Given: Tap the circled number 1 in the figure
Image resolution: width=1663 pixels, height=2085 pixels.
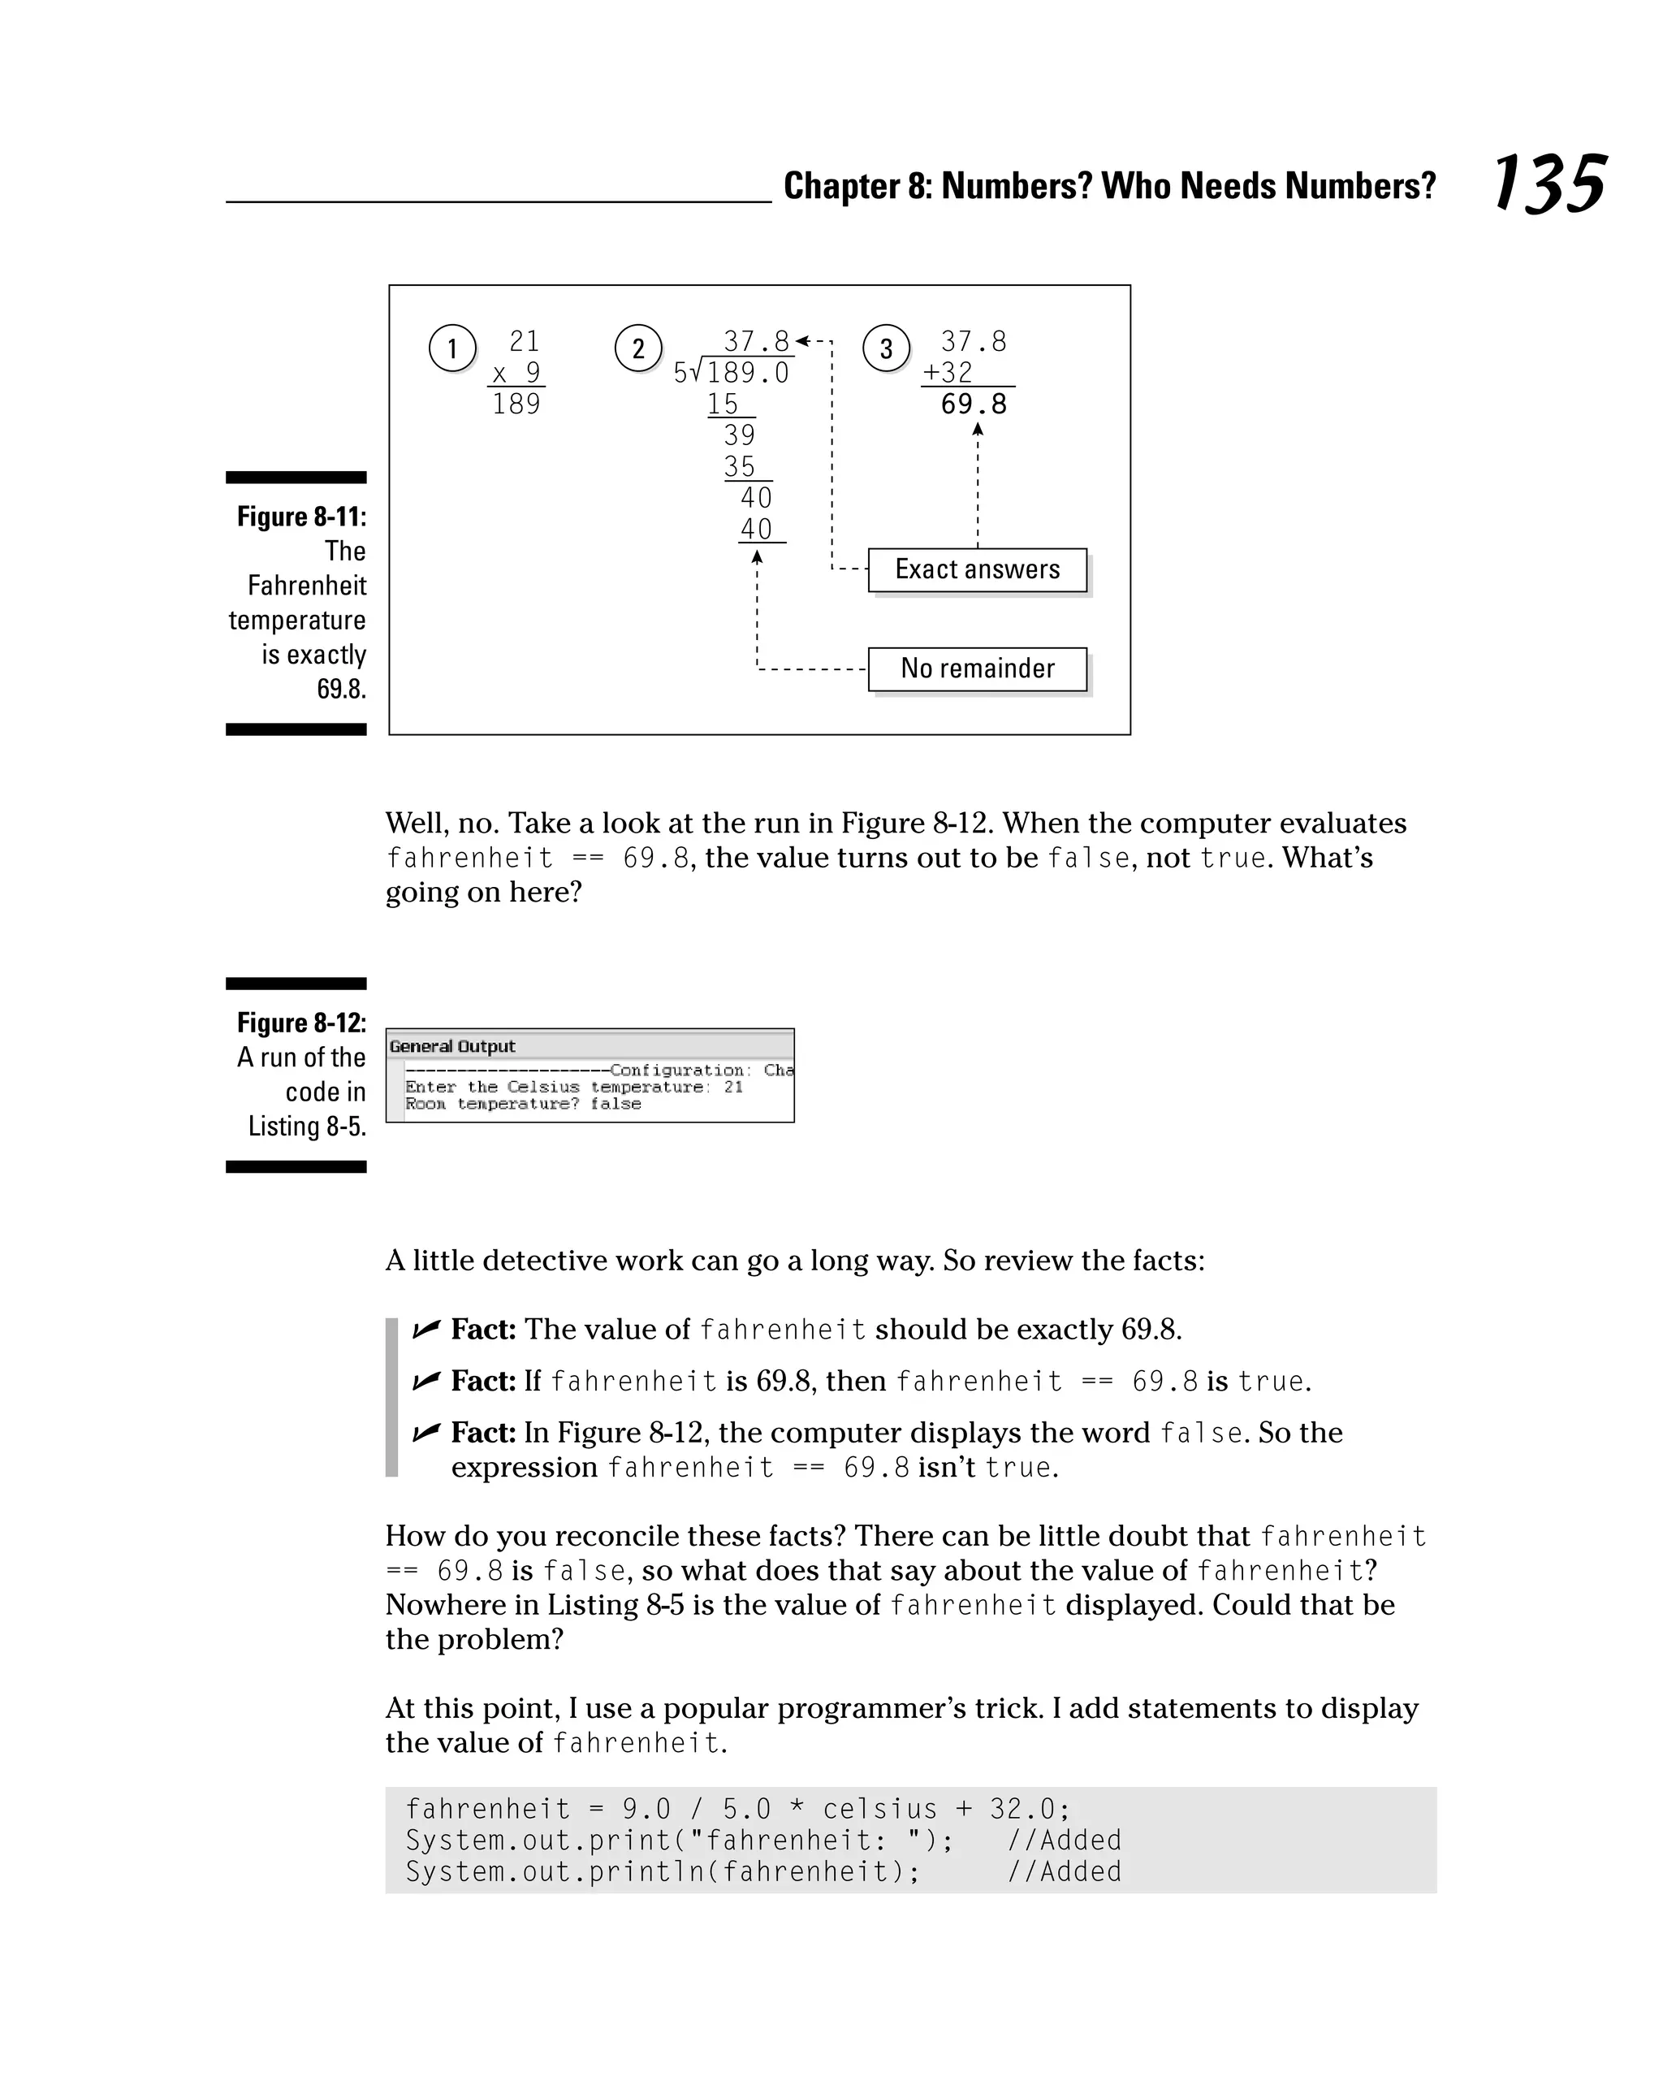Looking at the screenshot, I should click(x=451, y=348).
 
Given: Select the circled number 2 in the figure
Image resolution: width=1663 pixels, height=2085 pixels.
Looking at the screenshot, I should click(x=638, y=348).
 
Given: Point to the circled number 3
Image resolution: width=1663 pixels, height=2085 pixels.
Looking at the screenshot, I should click(x=886, y=348).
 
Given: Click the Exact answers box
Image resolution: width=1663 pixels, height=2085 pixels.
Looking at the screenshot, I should click(x=977, y=569).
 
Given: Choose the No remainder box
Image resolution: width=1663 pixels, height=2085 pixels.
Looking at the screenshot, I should click(x=977, y=669).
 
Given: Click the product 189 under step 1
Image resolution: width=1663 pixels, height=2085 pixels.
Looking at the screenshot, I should click(x=516, y=404).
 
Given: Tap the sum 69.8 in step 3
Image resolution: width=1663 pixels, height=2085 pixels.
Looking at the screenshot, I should click(x=974, y=404).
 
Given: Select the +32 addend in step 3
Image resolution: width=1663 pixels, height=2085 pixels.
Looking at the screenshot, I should click(x=948, y=372).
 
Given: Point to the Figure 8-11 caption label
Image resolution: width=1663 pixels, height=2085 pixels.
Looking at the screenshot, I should click(x=301, y=517).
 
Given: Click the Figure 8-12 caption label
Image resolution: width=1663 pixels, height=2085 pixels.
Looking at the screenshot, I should click(x=301, y=1023).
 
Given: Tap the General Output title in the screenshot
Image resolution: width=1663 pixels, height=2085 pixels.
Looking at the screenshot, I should click(x=452, y=1046).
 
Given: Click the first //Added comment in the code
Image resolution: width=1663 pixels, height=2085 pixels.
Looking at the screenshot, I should click(x=1064, y=1841).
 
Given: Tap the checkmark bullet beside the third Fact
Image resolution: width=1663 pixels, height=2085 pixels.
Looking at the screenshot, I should click(x=426, y=1432).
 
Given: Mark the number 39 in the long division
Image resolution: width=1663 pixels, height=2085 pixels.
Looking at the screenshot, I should click(x=740, y=435).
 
